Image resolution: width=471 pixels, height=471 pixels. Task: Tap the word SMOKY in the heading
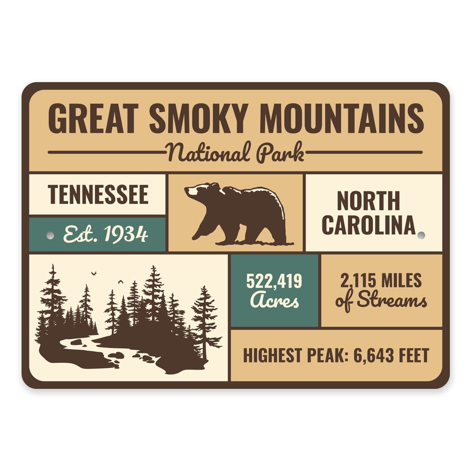coord(198,118)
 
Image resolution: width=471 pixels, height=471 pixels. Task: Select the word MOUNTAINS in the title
coord(341,118)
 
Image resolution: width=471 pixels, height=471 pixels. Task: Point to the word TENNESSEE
coord(98,195)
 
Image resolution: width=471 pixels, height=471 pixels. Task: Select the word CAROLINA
coord(368,225)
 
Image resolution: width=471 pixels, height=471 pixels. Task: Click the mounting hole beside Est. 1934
coord(50,235)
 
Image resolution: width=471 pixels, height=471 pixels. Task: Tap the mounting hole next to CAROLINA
coord(421,235)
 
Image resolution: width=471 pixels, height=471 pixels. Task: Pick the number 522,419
coord(274,282)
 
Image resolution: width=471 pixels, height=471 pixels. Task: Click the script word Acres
coord(274,301)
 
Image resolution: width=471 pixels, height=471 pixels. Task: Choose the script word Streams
coord(392,301)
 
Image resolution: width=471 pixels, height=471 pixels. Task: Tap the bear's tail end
coord(283,211)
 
